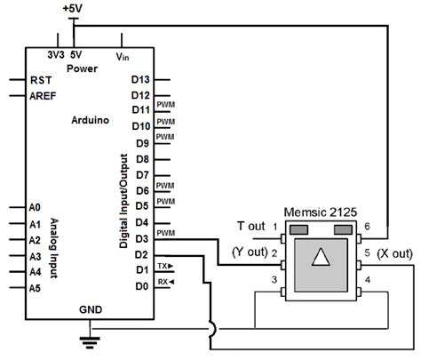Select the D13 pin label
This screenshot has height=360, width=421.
(140, 78)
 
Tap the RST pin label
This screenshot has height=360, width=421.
(41, 78)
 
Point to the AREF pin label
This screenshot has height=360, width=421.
(45, 94)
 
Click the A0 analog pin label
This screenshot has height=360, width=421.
(36, 206)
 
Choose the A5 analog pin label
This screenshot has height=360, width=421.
(36, 287)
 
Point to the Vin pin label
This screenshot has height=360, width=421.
(122, 55)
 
